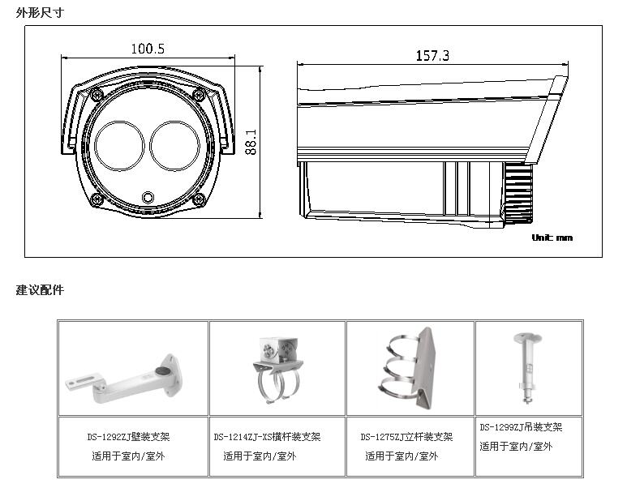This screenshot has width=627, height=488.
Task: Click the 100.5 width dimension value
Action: tap(148, 49)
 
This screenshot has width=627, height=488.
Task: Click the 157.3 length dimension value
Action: tap(432, 55)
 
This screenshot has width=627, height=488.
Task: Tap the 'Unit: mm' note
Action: tap(552, 238)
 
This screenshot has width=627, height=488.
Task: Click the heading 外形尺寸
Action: tap(40, 12)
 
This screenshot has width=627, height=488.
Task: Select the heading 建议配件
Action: tap(40, 289)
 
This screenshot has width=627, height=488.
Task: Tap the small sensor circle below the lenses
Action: tap(148, 196)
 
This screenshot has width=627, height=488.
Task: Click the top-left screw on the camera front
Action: tap(97, 96)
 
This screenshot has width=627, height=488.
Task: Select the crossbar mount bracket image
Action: tap(277, 370)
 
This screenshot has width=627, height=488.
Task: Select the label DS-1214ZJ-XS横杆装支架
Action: tap(267, 437)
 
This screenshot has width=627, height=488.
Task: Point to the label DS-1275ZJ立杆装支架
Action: tap(406, 437)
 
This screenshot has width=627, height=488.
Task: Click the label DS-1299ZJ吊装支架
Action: tap(520, 427)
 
